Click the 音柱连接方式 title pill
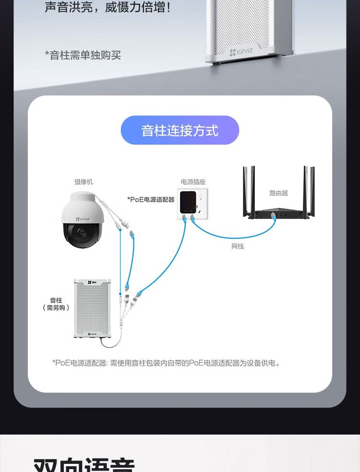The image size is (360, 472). click(x=180, y=130)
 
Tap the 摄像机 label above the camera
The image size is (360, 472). click(x=84, y=182)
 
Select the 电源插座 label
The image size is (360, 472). click(x=193, y=182)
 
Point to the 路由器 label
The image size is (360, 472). click(x=278, y=193)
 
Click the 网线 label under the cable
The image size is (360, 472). click(x=238, y=246)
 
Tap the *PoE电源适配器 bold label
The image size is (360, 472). click(x=151, y=199)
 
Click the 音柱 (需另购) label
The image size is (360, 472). click(x=56, y=304)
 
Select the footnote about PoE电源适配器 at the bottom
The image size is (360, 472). click(x=166, y=363)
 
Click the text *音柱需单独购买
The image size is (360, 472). click(x=83, y=55)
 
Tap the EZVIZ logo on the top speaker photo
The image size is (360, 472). click(x=241, y=52)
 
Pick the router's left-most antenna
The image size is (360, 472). click(x=245, y=190)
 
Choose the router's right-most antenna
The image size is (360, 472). click(x=312, y=190)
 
